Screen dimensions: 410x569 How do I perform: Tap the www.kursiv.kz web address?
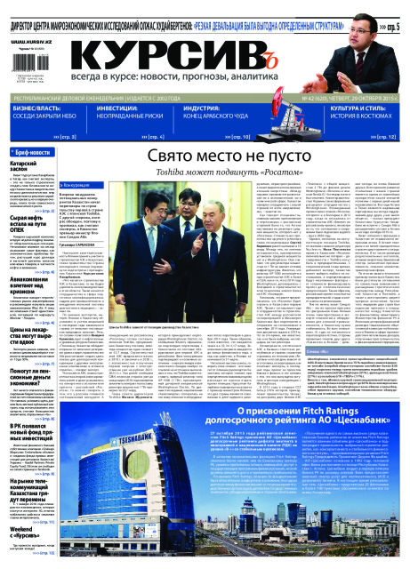(30, 41)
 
